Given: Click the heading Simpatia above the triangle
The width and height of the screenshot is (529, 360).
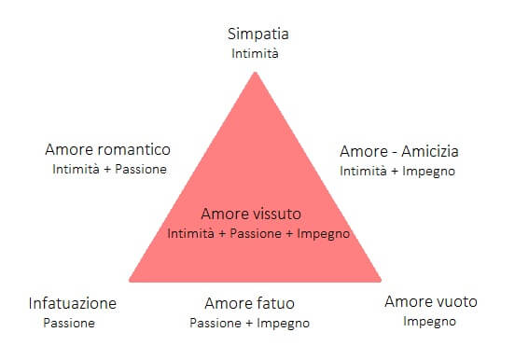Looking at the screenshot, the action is (x=255, y=35).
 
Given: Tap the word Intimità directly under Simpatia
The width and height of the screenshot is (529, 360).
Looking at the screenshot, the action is (x=255, y=53).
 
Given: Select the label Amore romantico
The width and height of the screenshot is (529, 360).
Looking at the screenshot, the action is (x=107, y=150).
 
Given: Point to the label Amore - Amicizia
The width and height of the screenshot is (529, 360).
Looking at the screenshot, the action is (x=398, y=151).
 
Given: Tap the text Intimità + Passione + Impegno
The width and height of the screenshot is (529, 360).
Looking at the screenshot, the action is (x=258, y=233).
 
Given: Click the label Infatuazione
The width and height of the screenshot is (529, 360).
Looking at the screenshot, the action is (x=73, y=303).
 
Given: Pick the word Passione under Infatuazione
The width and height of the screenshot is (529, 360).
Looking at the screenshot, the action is (x=69, y=323).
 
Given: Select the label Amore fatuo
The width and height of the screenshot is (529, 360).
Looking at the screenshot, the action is (x=250, y=303).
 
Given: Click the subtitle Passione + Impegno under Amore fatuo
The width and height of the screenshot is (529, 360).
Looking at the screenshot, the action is (x=249, y=323).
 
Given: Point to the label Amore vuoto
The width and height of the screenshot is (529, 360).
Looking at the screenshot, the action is (x=431, y=302).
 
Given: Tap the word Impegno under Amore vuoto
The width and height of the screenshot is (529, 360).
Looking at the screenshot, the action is (x=429, y=322).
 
